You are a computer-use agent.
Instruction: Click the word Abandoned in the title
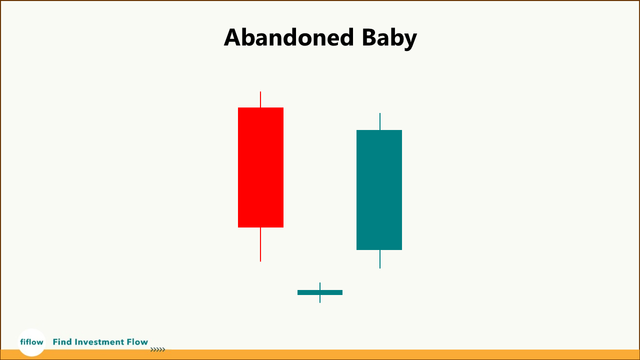[289, 37]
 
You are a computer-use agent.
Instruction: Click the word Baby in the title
[389, 39]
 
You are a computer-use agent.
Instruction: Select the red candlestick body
[260, 167]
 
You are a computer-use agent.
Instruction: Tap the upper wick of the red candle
[260, 99]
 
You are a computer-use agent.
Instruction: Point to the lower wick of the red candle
[260, 244]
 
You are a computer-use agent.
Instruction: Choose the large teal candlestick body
[379, 190]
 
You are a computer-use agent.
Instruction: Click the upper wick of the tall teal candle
[379, 121]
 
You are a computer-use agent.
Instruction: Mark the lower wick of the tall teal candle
[379, 259]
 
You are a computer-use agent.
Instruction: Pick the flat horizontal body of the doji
[320, 292]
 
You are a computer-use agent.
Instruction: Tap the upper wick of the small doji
[320, 286]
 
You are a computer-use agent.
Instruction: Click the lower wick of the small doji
[320, 299]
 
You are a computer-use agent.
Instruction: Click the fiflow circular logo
[31, 342]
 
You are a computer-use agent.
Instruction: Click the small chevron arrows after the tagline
[157, 349]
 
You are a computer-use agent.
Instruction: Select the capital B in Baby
[369, 37]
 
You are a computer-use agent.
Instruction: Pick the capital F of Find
[55, 342]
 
